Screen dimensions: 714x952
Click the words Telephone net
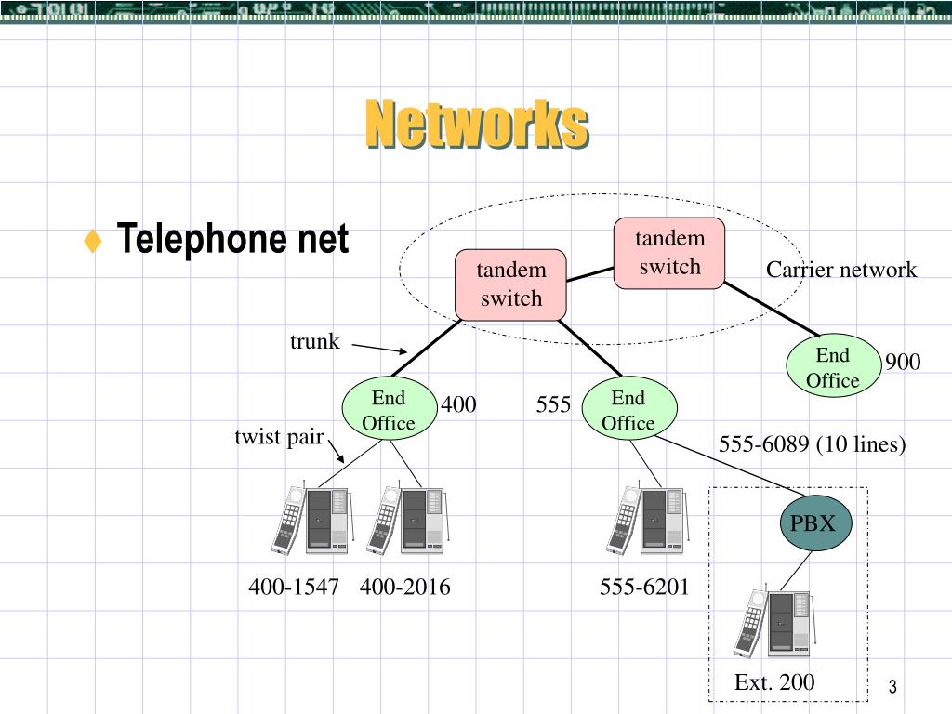(x=232, y=240)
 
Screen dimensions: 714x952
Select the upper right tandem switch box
(x=669, y=253)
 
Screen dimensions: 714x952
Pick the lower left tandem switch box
(x=510, y=284)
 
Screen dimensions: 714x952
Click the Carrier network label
(x=840, y=270)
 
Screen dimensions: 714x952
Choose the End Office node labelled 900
(x=832, y=368)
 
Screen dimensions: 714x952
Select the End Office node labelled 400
(x=388, y=411)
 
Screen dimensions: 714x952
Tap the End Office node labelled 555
(x=628, y=411)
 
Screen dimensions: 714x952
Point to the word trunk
(x=315, y=342)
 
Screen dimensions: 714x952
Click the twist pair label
(x=278, y=437)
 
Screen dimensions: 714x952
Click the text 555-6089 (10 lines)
(x=812, y=445)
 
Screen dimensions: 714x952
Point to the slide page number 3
(x=892, y=687)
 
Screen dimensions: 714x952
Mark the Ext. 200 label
(x=774, y=682)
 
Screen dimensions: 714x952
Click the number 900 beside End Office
(x=902, y=362)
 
